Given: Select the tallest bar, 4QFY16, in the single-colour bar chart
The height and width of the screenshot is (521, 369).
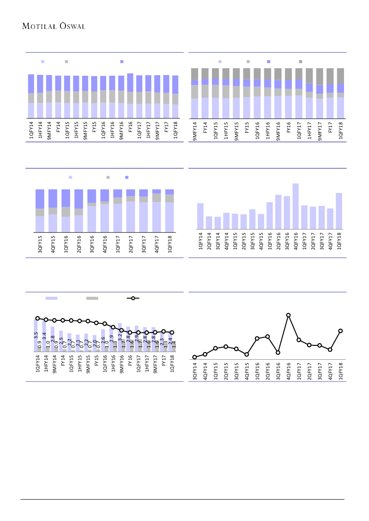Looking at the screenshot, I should pyautogui.click(x=295, y=206).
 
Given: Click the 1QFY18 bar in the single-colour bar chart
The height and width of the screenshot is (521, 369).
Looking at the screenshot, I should pyautogui.click(x=339, y=211).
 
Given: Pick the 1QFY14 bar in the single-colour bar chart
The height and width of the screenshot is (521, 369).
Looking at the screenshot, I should pyautogui.click(x=200, y=216).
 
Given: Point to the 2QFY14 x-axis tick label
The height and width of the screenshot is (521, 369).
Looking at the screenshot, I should pyautogui.click(x=209, y=242).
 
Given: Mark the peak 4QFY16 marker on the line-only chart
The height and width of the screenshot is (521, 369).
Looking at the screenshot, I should pyautogui.click(x=289, y=315).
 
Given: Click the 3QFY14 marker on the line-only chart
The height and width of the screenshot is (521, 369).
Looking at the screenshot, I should pyautogui.click(x=195, y=357).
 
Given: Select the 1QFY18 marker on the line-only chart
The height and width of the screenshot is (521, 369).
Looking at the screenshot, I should pyautogui.click(x=340, y=331).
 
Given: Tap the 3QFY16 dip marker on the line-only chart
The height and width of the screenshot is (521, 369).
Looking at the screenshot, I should pyautogui.click(x=278, y=353).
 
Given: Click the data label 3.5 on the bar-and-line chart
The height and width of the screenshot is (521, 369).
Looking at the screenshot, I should pyautogui.click(x=36, y=336).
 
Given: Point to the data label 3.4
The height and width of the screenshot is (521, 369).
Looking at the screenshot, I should pyautogui.click(x=44, y=336).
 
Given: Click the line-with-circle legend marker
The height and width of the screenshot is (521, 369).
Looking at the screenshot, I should pyautogui.click(x=133, y=298).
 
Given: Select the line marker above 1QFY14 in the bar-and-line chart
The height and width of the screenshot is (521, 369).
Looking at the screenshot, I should pyautogui.click(x=37, y=318).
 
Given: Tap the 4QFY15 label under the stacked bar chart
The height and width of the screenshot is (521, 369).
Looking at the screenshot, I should pyautogui.click(x=53, y=246).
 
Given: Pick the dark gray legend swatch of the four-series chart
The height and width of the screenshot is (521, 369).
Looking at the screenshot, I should pyautogui.click(x=300, y=61).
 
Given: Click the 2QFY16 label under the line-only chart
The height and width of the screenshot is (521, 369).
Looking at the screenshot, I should pyautogui.click(x=268, y=371).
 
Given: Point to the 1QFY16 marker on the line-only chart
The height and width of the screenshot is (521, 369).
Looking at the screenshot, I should pyautogui.click(x=257, y=339).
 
